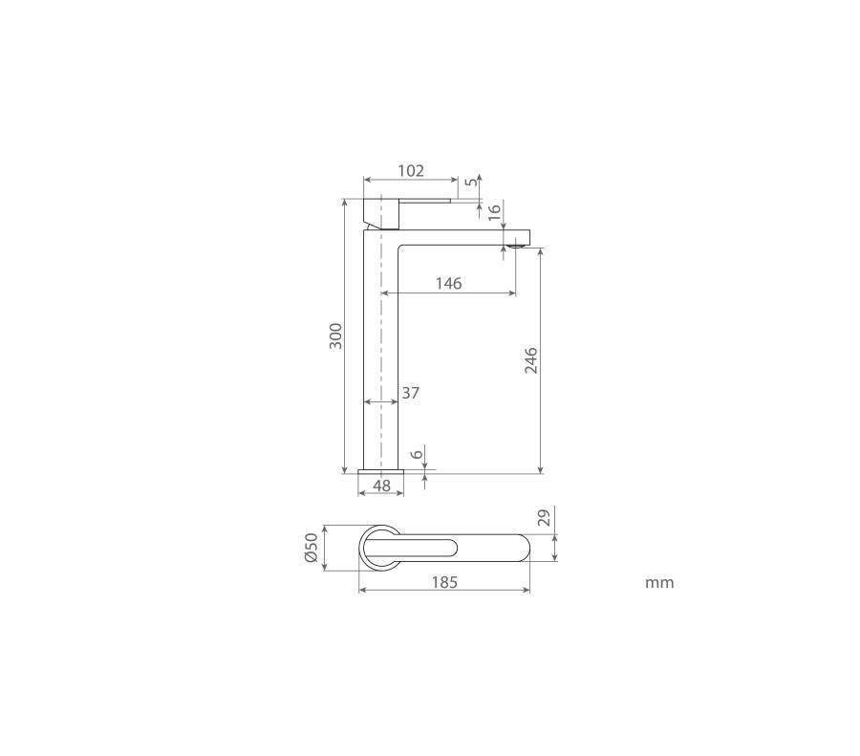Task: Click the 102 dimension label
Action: pos(411,171)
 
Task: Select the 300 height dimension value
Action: pos(335,336)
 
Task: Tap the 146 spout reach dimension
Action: pos(449,283)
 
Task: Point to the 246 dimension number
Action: pos(531,360)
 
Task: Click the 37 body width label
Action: pos(410,393)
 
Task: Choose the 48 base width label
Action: pos(381,486)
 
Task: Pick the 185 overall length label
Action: pos(444,582)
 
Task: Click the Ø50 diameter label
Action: pos(311,548)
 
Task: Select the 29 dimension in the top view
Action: pos(544,518)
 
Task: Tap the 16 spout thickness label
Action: pos(494,212)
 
